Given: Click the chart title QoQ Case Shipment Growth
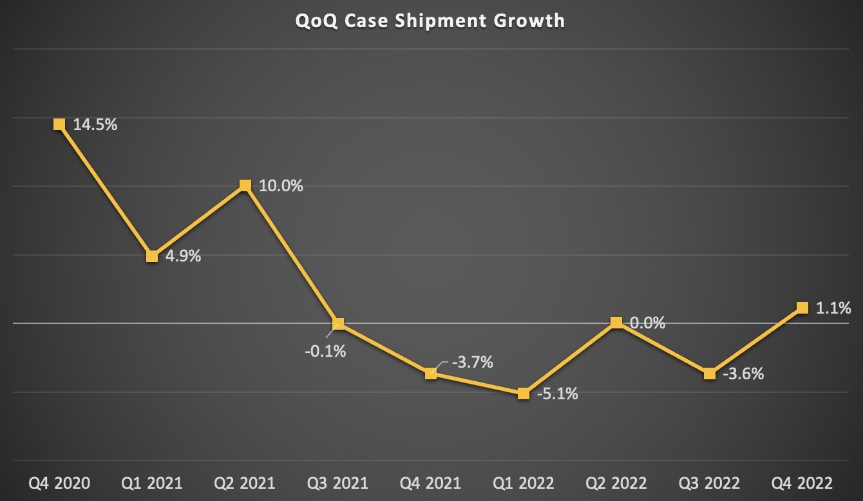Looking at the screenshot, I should coord(430,21).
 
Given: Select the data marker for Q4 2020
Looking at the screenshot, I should coord(59,124).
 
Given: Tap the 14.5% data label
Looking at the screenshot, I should coord(95,125).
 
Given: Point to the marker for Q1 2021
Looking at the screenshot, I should coord(152,256).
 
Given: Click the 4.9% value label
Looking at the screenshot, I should coord(184,256).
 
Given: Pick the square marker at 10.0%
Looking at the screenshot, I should coord(245,185).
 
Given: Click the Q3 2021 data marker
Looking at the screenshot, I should coord(338,323).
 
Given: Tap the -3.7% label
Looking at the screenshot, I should coord(472,363).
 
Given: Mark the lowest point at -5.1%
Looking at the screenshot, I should coord(524,393).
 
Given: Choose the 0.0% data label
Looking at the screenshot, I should coord(647,323).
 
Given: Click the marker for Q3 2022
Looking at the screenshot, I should coord(709,373).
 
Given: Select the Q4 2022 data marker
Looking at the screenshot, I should coord(802,307).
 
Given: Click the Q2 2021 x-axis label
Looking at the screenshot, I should coord(245,483).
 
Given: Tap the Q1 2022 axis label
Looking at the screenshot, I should coord(524,483).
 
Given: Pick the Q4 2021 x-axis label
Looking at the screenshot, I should coord(431,483).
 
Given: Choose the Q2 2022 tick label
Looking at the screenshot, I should coord(616,483).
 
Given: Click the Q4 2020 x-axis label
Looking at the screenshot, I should coord(59,483).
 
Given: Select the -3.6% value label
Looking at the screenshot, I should coord(743,373).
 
